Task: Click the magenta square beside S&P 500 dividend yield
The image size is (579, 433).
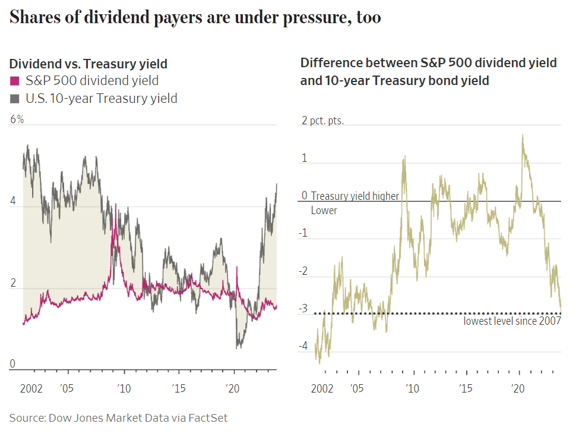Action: tap(15, 81)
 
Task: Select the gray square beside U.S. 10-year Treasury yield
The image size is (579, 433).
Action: tap(15, 99)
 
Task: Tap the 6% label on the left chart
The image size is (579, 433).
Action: tap(17, 120)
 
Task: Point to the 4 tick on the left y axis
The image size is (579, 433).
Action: tap(13, 202)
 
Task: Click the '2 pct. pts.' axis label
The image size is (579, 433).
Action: tap(322, 121)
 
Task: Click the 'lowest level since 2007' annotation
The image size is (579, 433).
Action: tap(512, 322)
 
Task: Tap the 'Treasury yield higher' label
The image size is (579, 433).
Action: tap(355, 196)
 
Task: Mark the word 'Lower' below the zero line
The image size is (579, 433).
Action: tap(324, 211)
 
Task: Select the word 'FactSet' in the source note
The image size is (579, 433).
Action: tap(208, 418)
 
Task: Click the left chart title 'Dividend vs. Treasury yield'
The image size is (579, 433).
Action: tap(88, 64)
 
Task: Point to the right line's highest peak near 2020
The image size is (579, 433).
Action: tap(523, 135)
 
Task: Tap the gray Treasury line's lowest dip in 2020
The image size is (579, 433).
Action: tap(239, 347)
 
